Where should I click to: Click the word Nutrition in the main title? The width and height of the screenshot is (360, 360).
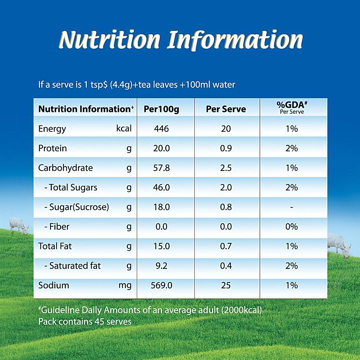pos(109,40)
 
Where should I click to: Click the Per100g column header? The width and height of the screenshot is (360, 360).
pos(161,109)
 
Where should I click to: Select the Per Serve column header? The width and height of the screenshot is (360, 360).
pos(226,109)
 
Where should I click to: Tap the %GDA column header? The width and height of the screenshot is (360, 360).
pos(292,105)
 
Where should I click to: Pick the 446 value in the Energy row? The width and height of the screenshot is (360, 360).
pos(161,129)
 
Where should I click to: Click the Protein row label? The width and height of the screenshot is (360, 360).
pos(53,148)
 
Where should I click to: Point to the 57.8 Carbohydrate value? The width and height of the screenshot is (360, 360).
pos(161,168)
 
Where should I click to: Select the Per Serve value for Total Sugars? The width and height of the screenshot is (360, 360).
pos(226,188)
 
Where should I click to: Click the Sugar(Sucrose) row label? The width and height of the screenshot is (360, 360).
pos(76,207)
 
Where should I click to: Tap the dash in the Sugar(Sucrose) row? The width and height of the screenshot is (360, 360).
pos(292,207)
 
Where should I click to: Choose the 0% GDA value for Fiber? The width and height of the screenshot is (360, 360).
pos(292,227)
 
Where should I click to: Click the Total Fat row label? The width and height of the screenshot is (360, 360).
pos(55,246)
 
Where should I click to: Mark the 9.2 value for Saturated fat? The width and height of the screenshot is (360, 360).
pos(161,266)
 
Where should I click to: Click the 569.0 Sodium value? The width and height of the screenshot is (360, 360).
pos(161,285)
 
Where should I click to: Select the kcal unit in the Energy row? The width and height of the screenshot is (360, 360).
pos(124,129)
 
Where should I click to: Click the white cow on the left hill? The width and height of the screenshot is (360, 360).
pos(18,225)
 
